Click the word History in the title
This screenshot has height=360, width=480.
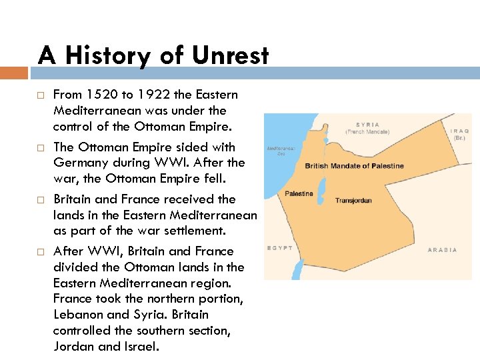(x=110, y=56)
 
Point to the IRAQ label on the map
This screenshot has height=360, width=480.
(x=460, y=131)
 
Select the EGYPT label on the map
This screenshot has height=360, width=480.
(x=279, y=248)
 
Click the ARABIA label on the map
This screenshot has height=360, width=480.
(x=442, y=250)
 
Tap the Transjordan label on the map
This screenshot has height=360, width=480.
(x=353, y=200)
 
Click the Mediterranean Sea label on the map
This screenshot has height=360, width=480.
(x=281, y=151)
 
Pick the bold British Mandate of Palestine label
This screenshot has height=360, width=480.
(x=354, y=166)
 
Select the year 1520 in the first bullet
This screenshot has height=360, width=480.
(x=100, y=95)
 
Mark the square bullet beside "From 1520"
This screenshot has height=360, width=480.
(x=40, y=95)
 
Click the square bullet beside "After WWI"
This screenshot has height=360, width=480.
(x=40, y=252)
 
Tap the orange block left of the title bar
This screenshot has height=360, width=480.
(x=14, y=72)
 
